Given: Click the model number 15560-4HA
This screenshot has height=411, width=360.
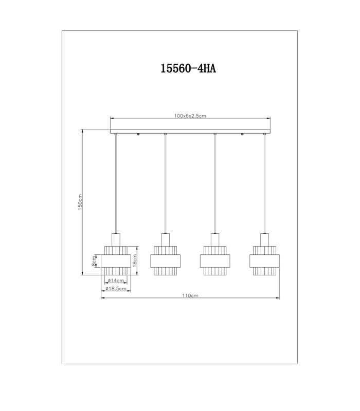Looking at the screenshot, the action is pos(188,68).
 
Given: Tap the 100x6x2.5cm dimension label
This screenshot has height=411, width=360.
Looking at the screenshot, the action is pos(190,116).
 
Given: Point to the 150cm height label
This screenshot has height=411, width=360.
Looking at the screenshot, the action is pos(80,202).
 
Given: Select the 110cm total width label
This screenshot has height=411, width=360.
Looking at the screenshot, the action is pos(190,295).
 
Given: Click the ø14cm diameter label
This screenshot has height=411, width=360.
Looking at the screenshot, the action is pos(116,281).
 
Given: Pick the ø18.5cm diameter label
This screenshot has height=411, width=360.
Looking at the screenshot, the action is pos(116,289).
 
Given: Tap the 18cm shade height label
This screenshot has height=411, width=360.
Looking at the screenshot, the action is pos(134,260).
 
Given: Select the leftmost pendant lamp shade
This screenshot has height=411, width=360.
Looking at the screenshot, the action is pos(116,260).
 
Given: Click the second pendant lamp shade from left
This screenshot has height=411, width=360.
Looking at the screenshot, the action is pos(165,260).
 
